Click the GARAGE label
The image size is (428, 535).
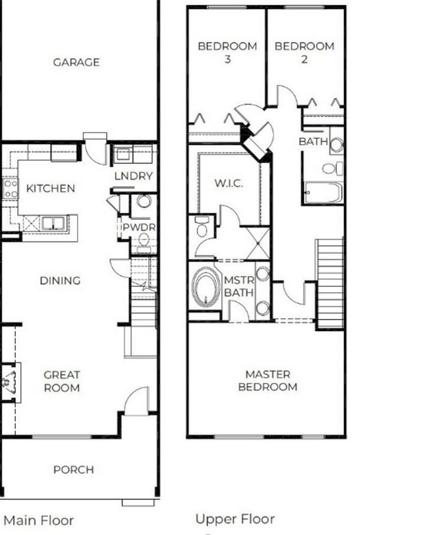(76, 63)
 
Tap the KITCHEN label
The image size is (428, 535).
(51, 188)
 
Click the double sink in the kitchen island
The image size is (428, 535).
(50, 223)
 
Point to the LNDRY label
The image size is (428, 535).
(133, 176)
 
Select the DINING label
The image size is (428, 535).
(60, 280)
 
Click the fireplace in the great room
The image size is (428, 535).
(10, 381)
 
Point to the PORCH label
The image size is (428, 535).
(73, 470)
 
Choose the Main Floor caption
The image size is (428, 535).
(39, 521)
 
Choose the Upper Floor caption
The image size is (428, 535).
(234, 519)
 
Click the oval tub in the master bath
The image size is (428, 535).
(206, 287)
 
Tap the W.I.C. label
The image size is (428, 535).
(228, 184)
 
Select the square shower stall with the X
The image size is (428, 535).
(257, 242)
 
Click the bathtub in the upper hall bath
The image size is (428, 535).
(323, 193)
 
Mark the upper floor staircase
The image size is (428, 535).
(330, 283)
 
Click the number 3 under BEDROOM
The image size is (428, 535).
(227, 58)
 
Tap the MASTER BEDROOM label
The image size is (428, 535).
(267, 380)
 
